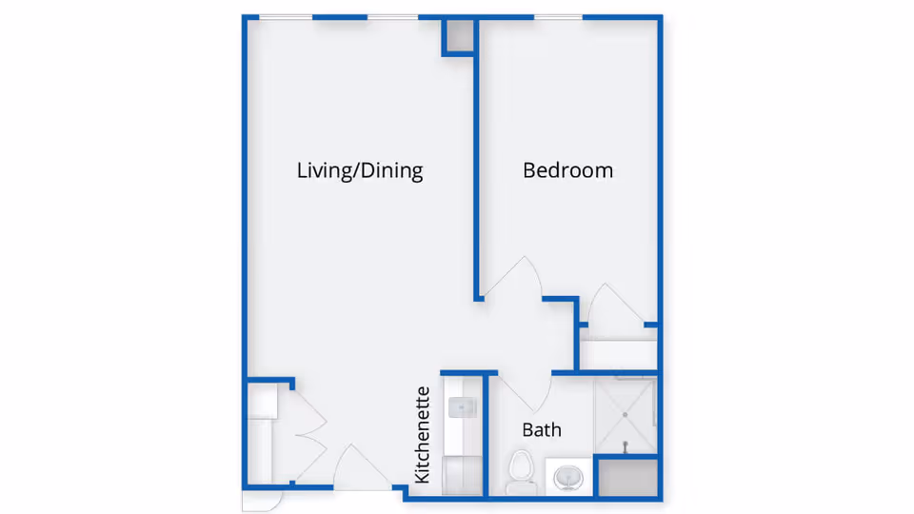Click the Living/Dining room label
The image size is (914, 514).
[360, 171]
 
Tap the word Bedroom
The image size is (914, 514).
[567, 171]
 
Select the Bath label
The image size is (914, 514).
[542, 430]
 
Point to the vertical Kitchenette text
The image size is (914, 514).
[424, 434]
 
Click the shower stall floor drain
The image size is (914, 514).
[625, 445]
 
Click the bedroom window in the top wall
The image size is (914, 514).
[558, 17]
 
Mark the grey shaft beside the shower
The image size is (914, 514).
[626, 477]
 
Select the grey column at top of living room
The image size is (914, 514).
[458, 36]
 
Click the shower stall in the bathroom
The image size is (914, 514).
[625, 417]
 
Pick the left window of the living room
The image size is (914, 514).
[286, 17]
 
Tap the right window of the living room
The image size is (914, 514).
[392, 17]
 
